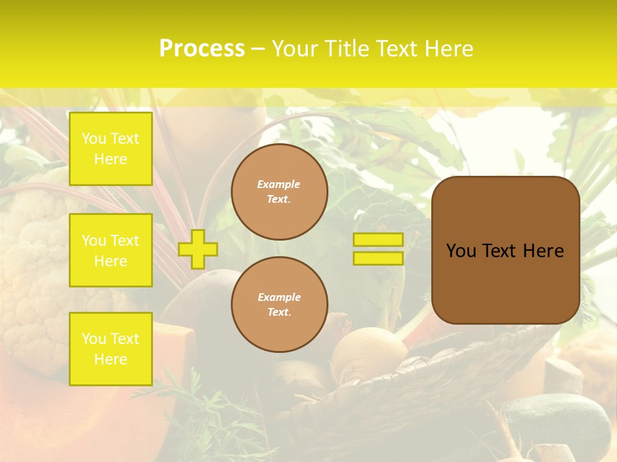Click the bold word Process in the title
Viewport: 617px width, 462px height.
pos(202,49)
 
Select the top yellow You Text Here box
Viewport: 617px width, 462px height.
pos(111,149)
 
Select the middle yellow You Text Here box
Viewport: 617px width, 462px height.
pos(111,250)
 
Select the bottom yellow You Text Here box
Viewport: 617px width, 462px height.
pos(111,349)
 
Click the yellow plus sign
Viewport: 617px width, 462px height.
pos(198,249)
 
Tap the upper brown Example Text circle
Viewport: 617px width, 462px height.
pos(280,192)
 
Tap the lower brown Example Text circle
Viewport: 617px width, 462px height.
pos(280,305)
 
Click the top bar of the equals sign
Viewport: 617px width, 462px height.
pos(378,239)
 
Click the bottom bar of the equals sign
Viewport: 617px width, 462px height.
pos(378,258)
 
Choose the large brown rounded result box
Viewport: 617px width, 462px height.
pos(505,250)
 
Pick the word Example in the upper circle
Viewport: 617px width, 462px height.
pos(279,184)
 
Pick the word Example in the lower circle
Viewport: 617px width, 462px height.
pos(279,297)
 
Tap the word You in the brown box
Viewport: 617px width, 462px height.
pos(461,251)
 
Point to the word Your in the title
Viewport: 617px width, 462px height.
pos(296,49)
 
